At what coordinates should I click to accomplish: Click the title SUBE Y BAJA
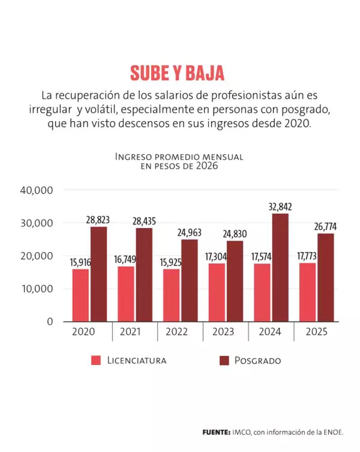coord(177,73)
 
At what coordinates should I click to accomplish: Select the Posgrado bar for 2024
coord(280,267)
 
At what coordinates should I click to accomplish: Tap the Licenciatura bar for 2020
coord(81,295)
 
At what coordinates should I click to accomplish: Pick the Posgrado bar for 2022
coord(189,280)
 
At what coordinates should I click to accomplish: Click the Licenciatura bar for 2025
coord(307,292)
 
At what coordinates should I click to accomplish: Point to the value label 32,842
coord(280,207)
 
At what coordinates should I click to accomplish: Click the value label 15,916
coord(81,262)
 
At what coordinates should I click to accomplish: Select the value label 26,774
coord(325,226)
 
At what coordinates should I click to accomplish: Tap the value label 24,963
coord(189,233)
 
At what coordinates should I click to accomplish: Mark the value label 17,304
coord(216,257)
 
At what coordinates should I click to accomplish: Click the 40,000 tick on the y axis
coord(36,190)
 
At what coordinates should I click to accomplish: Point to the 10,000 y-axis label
coord(37,289)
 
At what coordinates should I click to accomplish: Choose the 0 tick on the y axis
coord(50,322)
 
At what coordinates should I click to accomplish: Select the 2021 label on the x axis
coord(130,332)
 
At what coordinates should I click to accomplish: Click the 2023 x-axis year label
coord(223,332)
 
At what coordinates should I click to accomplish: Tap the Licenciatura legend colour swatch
coord(96,360)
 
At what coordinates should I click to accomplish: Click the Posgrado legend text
coord(258,360)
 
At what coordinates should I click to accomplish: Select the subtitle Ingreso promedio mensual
coord(179,157)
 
